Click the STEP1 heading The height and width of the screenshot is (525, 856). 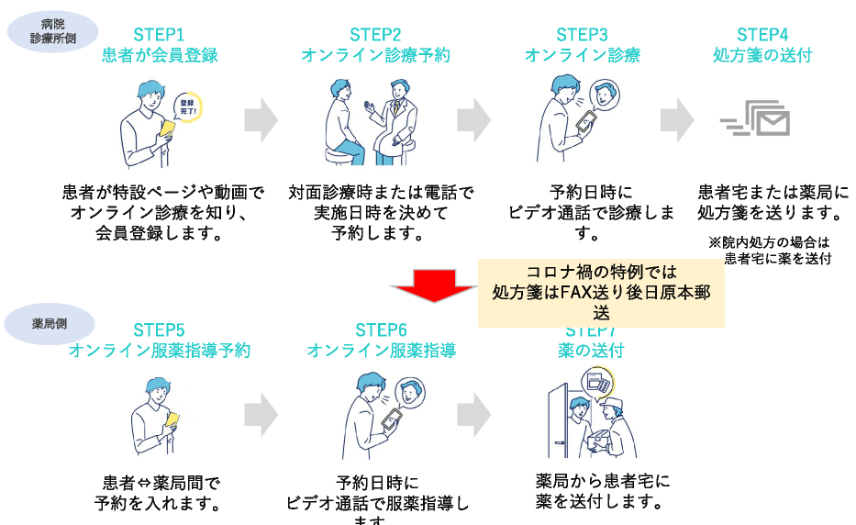coord(160,35)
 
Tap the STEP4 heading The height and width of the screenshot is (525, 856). coord(762,35)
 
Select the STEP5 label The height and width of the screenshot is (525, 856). coord(159,330)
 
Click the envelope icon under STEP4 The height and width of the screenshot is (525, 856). coord(766,120)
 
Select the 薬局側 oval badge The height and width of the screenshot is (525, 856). coord(48,323)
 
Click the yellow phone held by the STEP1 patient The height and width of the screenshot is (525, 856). coord(167,128)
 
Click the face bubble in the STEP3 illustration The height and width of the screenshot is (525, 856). coord(602,93)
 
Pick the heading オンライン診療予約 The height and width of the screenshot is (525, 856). coord(376,55)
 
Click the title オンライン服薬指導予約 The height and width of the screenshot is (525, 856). coord(159,351)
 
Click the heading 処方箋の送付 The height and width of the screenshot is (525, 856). coord(762,55)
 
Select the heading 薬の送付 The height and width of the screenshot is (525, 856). coord(591,351)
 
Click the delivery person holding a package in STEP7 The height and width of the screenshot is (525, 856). coord(613,422)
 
